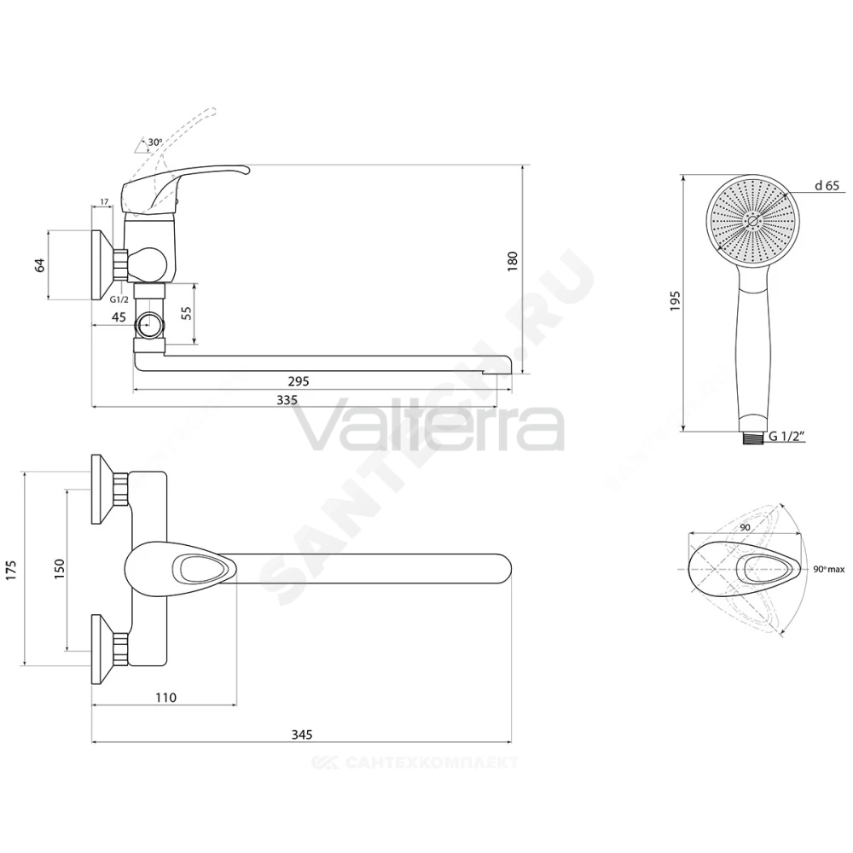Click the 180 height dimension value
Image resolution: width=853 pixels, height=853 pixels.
click(512, 262)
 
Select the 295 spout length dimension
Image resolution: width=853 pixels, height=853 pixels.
click(299, 381)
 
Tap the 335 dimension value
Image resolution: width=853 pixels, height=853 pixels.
click(287, 400)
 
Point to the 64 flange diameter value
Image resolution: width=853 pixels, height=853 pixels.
click(40, 265)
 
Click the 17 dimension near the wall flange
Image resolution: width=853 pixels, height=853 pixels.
click(104, 202)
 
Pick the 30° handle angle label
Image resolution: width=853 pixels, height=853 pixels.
click(155, 142)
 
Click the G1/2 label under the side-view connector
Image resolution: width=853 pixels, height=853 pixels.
click(119, 299)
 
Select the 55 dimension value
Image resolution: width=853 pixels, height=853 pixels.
click(187, 313)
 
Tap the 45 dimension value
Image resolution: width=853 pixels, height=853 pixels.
click(119, 316)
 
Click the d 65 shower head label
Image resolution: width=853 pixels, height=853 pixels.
click(827, 185)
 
